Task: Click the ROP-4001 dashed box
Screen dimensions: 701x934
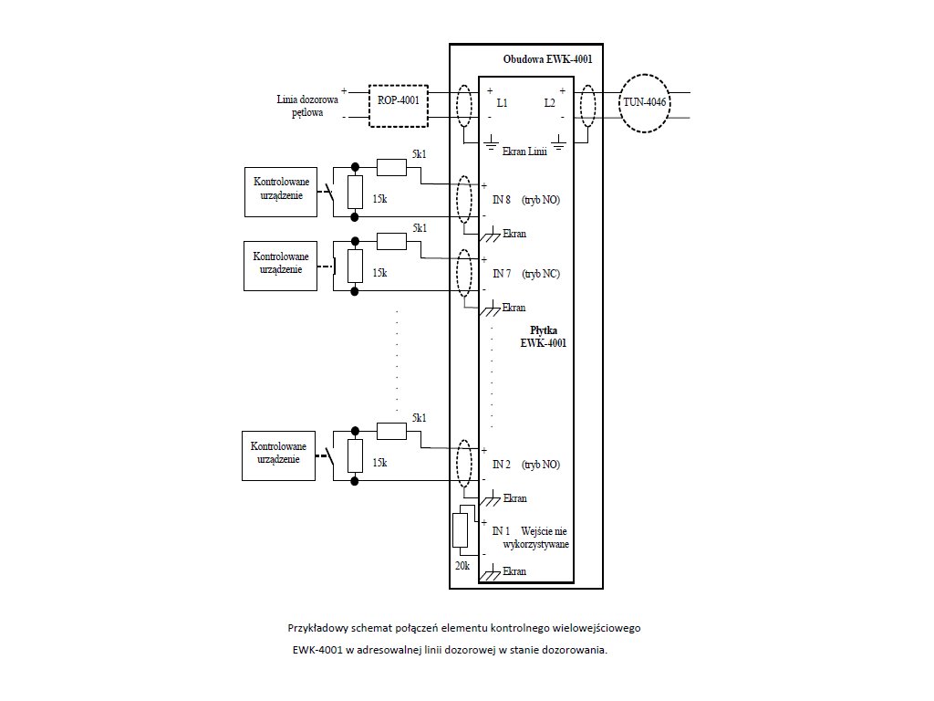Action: pyautogui.click(x=398, y=101)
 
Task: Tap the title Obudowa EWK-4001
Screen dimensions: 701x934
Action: pyautogui.click(x=546, y=59)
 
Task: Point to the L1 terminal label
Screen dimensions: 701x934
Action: pyautogui.click(x=502, y=103)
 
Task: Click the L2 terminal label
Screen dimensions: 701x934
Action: pyautogui.click(x=549, y=103)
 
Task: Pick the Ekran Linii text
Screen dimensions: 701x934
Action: pyautogui.click(x=524, y=151)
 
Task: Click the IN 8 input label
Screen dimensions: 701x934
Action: pyautogui.click(x=502, y=199)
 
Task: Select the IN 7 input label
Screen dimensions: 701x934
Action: pyautogui.click(x=502, y=274)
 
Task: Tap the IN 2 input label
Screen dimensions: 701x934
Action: pyautogui.click(x=502, y=465)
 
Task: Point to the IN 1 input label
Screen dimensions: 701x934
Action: pyautogui.click(x=501, y=531)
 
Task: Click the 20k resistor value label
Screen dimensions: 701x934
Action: pyautogui.click(x=461, y=567)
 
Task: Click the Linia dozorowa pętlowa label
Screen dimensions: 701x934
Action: pyautogui.click(x=308, y=106)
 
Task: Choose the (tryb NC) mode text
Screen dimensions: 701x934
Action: pyautogui.click(x=541, y=274)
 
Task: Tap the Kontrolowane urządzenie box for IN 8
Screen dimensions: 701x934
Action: pyautogui.click(x=281, y=192)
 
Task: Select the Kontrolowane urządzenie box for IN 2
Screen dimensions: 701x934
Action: pyautogui.click(x=277, y=455)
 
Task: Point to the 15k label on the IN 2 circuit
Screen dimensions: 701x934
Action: pyautogui.click(x=379, y=464)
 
